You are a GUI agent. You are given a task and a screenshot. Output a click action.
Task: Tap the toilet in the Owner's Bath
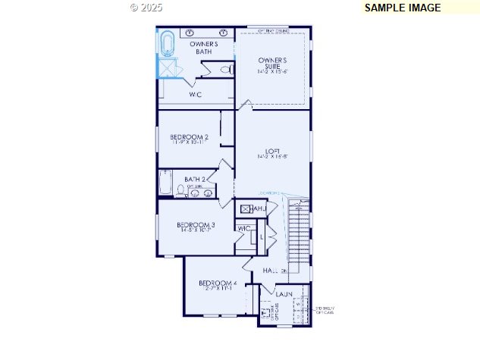(x=225, y=70)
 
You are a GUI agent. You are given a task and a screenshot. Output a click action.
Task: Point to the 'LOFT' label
(x=272, y=150)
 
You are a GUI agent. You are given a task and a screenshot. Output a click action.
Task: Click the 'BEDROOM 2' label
(x=190, y=137)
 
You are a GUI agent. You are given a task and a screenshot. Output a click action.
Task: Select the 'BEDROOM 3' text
(x=196, y=224)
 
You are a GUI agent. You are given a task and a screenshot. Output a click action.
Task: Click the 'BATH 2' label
(x=195, y=180)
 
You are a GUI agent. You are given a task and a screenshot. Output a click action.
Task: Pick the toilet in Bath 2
(x=180, y=190)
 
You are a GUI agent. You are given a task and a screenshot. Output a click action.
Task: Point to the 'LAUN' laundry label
(x=284, y=293)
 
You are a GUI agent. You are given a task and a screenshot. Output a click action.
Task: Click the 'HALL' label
(x=271, y=271)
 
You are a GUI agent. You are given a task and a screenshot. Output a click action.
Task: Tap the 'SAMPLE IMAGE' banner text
(x=402, y=8)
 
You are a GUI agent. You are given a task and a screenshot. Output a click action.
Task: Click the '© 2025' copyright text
(x=146, y=7)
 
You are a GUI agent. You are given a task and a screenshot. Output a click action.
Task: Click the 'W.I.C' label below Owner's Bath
(x=195, y=94)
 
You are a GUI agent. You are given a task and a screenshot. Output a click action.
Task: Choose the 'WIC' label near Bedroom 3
(x=244, y=228)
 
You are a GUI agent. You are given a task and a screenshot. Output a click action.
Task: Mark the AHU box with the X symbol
(x=246, y=208)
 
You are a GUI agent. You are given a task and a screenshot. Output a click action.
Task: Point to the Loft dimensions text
(x=272, y=158)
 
